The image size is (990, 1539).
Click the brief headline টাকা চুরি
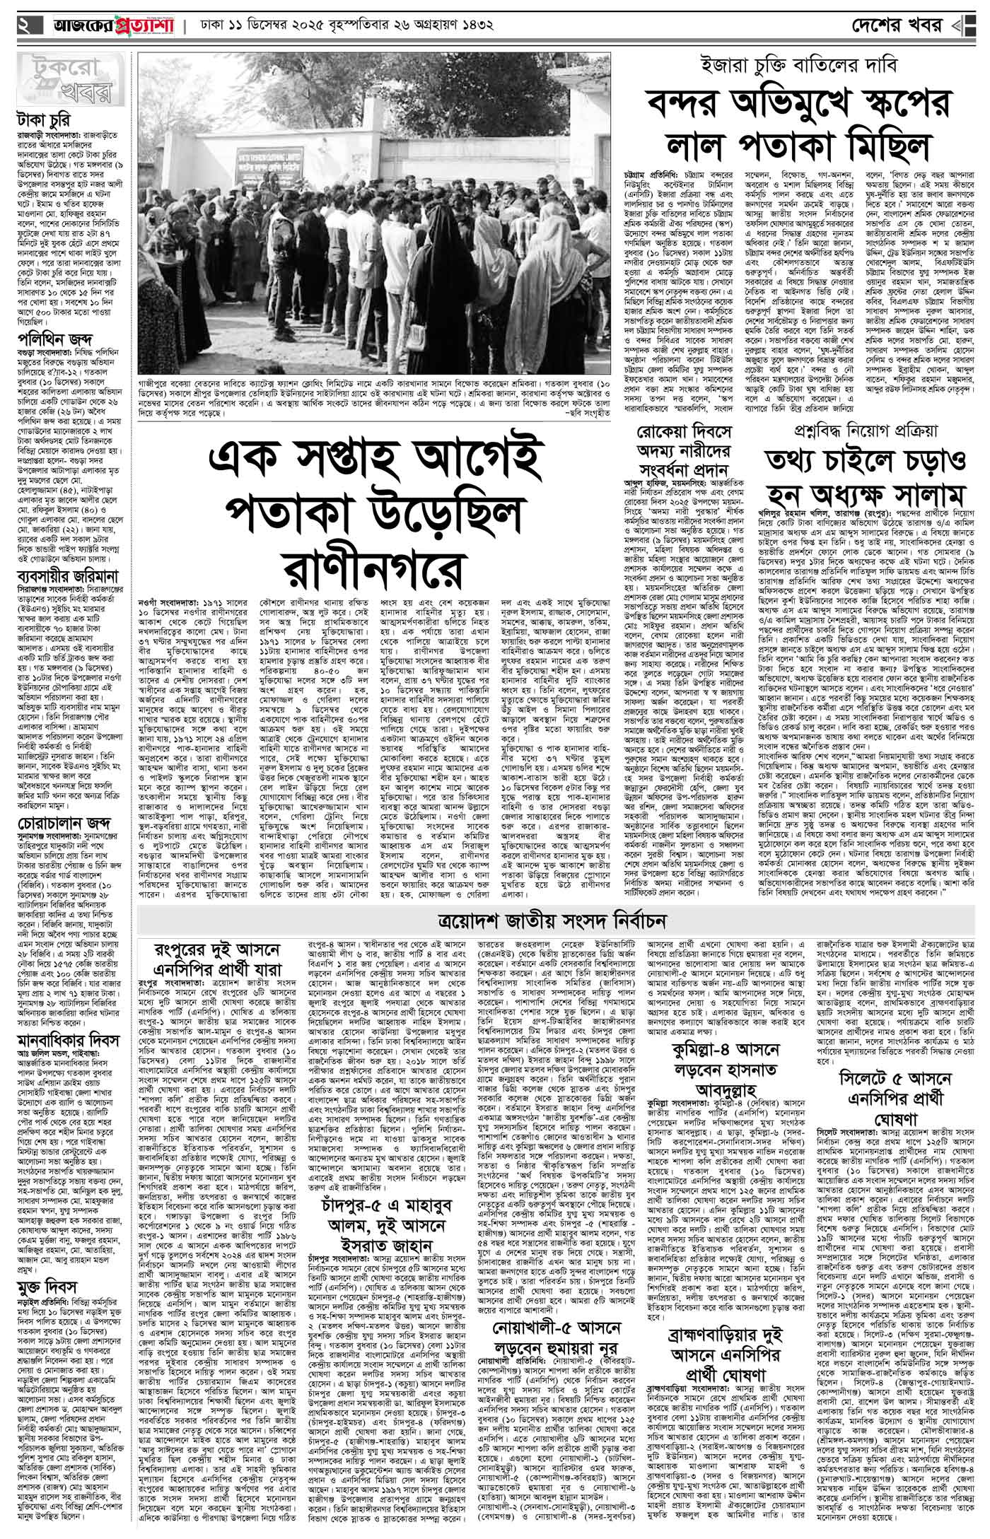point(44,119)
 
